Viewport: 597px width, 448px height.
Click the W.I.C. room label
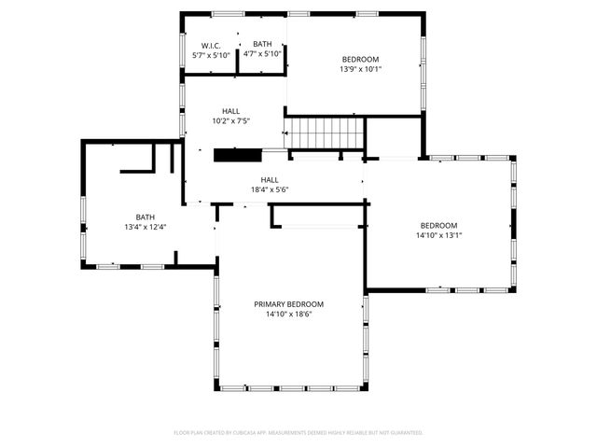211,45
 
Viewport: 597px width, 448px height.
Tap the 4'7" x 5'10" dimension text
262,54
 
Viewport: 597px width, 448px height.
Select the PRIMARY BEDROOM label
289,304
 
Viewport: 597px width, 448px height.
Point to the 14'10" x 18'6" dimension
289,315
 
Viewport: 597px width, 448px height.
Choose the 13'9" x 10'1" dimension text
361,68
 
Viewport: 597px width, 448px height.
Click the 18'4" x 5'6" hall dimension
270,190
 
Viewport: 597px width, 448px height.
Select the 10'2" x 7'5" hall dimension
230,120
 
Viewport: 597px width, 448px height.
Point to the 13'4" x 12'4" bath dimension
145,227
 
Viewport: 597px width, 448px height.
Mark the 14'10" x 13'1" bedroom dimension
438,235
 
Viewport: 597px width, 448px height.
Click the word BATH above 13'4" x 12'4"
145,217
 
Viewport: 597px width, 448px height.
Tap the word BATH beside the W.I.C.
262,44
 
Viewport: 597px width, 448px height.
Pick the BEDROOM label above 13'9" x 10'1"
361,58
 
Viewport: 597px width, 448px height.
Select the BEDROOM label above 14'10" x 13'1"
438,225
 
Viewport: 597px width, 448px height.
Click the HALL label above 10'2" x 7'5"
230,110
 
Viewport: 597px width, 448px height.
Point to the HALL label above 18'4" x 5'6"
270,180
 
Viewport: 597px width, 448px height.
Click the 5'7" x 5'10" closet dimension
211,55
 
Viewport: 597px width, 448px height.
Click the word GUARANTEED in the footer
404,433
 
